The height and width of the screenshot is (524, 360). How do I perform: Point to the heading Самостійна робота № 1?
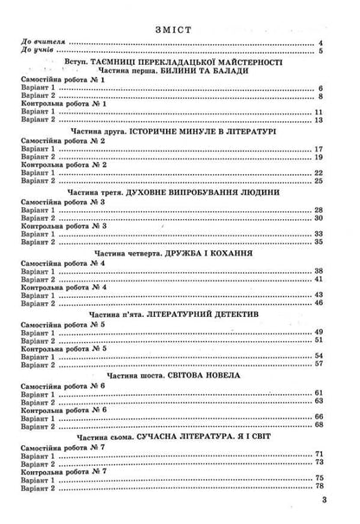point(61,81)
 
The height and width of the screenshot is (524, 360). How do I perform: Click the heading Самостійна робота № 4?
point(61,262)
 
